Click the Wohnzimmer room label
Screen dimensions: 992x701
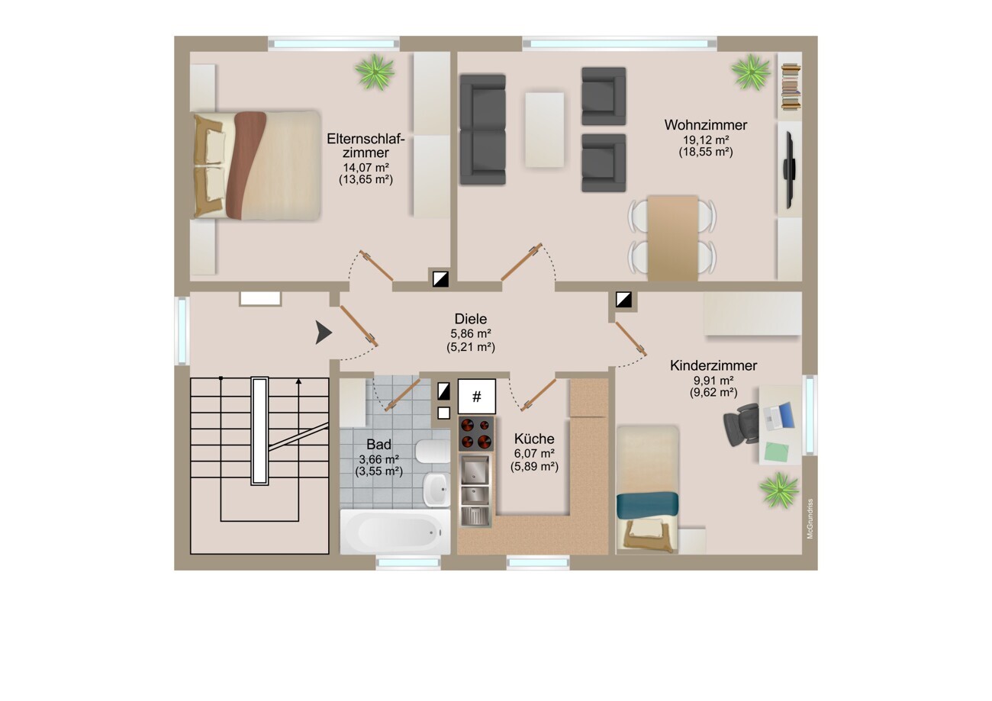[x=706, y=125]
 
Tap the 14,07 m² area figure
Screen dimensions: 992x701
[x=366, y=168]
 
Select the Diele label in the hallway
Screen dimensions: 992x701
[x=470, y=319]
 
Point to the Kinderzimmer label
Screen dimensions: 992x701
[x=713, y=365]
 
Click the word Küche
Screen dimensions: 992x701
[x=534, y=439]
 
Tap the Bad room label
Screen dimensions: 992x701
[x=378, y=444]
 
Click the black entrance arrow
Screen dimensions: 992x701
[x=324, y=333]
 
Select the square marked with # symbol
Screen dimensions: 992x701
[x=476, y=396]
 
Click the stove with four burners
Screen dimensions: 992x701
[x=476, y=433]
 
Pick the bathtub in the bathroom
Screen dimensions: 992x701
[x=395, y=532]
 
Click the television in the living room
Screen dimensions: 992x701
[x=789, y=169]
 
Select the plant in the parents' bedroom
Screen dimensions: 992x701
[x=375, y=72]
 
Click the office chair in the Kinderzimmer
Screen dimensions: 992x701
[x=741, y=425]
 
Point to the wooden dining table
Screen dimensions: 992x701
[x=672, y=238]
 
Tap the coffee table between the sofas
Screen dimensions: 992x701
[x=544, y=130]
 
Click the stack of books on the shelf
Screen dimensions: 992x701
[x=791, y=87]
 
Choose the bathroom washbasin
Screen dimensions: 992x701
[x=436, y=489]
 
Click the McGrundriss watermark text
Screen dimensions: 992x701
[x=810, y=519]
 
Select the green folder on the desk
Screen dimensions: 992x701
[x=776, y=452]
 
